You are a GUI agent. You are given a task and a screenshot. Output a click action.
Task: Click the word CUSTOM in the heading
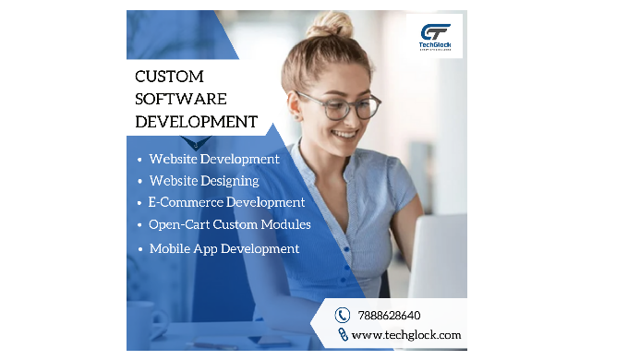(169, 76)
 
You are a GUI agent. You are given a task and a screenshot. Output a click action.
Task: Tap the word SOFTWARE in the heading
(179, 99)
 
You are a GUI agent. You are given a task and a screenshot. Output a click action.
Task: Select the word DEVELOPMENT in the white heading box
(195, 121)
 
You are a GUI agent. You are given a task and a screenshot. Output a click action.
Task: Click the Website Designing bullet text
(204, 181)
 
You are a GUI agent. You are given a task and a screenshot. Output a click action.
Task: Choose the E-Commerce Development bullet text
(226, 202)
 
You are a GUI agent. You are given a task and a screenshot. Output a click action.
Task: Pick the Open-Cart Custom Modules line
(229, 224)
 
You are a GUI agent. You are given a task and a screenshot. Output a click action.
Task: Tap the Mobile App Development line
(223, 248)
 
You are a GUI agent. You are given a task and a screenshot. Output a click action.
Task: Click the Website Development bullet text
(214, 159)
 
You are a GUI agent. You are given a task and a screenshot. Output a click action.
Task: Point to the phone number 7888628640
(388, 315)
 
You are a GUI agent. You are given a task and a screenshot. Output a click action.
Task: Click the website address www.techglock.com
(405, 335)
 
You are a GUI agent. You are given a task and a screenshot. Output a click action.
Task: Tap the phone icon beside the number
(342, 315)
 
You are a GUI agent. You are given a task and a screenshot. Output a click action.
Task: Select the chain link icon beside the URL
(342, 335)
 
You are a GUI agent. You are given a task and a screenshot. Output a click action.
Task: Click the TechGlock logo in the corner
(436, 36)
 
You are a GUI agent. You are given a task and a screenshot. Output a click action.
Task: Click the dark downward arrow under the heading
(196, 143)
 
